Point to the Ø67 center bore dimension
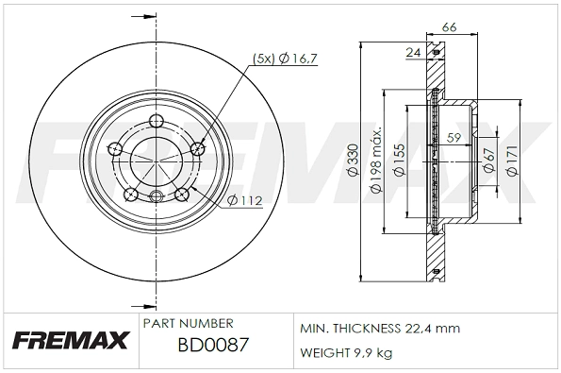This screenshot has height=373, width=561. point(488,161)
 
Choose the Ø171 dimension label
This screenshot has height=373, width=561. point(512,162)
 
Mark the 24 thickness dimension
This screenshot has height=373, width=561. point(412,54)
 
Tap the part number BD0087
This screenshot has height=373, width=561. point(212,346)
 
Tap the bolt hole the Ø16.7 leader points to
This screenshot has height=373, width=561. point(197,147)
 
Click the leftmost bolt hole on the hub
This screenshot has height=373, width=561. point(116,148)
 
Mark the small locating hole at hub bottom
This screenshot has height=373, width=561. point(153,196)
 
